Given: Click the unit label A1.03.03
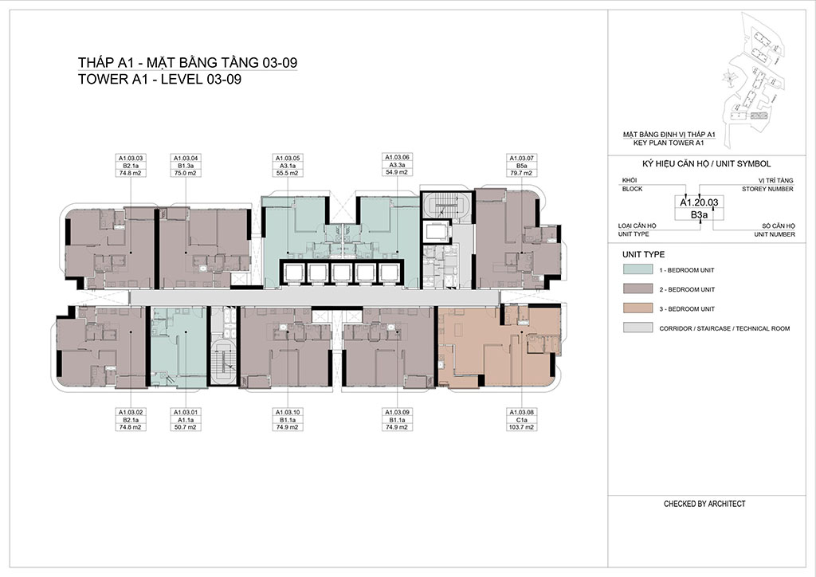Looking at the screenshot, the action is pos(130,158).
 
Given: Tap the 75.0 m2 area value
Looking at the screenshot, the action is pos(186,173).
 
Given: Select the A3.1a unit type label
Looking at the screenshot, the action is pos(287,166).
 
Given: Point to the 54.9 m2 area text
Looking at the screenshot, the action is pos(397,172).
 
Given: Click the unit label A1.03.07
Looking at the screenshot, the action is pos(521,158).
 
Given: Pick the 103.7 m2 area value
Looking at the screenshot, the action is pos(521,427).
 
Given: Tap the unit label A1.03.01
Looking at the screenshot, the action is pos(186,412).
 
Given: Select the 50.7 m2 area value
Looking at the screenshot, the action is pos(186,427).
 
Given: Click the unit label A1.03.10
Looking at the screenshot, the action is pos(287,412).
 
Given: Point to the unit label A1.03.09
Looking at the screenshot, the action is pos(397,412).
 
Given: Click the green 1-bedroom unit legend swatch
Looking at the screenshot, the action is pos(637,269).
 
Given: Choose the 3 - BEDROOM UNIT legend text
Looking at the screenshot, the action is pos(687,309).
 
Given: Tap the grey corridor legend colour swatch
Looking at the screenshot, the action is pos(637,328).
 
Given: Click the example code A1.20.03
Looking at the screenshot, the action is pos(699,202).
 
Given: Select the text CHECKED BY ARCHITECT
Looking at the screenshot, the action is pos(704,504).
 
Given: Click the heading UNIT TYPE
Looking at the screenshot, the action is pos(643,254).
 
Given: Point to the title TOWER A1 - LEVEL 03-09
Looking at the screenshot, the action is pos(159,79).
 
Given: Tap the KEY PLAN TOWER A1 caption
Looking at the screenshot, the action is pos(669,143).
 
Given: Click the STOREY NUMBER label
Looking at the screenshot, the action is pos(767,189).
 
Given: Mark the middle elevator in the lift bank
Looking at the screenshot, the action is pos(341,272).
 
